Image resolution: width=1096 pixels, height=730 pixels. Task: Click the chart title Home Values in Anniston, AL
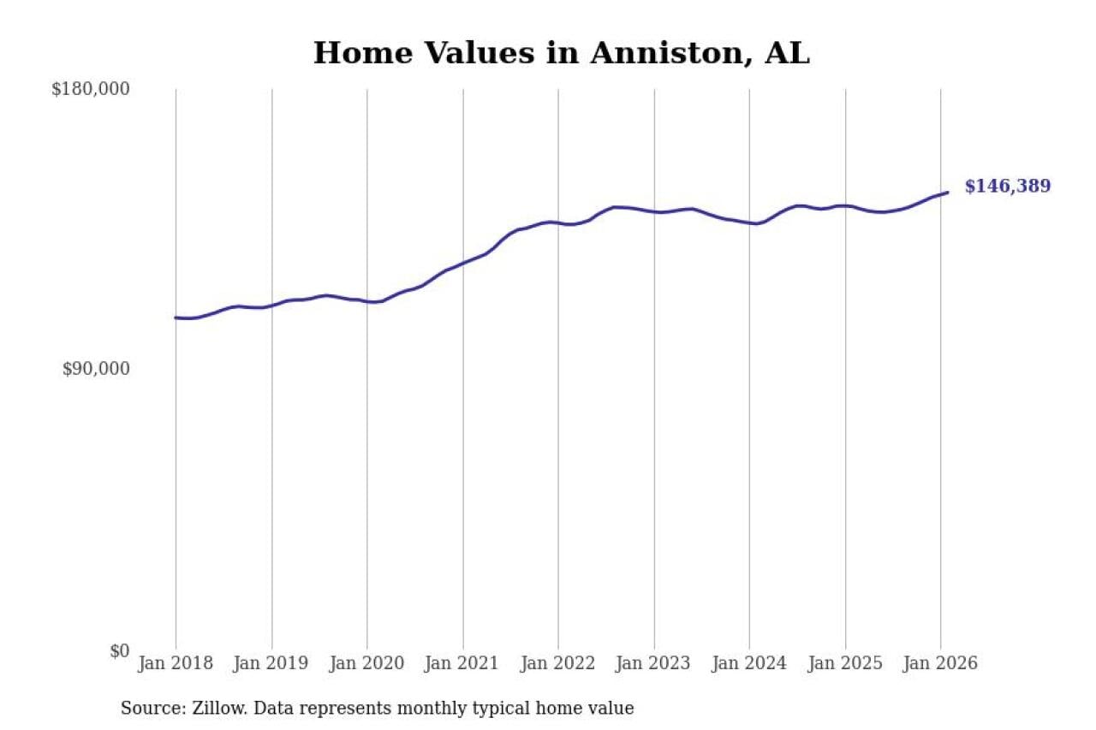(x=561, y=53)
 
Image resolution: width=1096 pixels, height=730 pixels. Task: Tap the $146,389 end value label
(x=1007, y=187)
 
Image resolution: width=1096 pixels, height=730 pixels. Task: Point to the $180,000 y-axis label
(x=91, y=89)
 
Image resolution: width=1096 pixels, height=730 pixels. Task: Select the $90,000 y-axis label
(x=96, y=369)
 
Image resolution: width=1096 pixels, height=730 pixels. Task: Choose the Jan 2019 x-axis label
(x=271, y=663)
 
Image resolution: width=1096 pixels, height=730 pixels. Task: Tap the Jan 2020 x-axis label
(x=366, y=663)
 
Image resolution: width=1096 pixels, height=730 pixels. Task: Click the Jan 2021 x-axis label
(x=462, y=663)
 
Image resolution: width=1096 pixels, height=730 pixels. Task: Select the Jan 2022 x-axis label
(x=558, y=663)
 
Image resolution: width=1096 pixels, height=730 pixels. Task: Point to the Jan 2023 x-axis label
(x=653, y=663)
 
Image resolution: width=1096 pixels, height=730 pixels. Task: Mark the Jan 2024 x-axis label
(x=749, y=663)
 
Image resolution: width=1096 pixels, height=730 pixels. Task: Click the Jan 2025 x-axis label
(x=845, y=663)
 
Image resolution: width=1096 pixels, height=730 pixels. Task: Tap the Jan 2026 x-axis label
(x=940, y=663)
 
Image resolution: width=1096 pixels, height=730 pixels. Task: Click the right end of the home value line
(x=947, y=193)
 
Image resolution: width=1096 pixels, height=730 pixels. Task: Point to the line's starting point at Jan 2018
(x=176, y=318)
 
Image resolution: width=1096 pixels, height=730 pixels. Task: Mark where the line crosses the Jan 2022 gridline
(x=558, y=223)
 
